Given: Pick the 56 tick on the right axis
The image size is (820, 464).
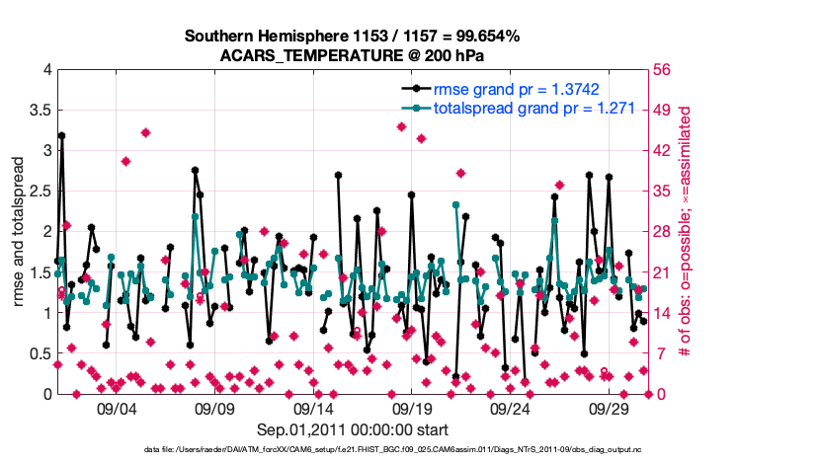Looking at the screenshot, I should [x=661, y=70].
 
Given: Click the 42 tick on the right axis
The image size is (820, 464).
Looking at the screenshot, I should [x=661, y=151].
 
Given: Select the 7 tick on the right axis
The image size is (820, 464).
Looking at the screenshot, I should [x=657, y=353].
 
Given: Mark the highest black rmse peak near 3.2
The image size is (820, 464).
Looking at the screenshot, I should [x=61, y=136].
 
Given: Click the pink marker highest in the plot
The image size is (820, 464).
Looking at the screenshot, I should [x=401, y=126].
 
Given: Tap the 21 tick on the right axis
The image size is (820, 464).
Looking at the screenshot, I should [x=661, y=272].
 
